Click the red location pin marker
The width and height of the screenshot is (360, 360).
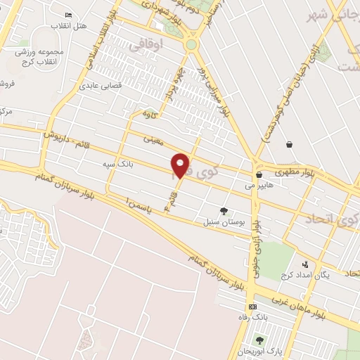(181, 165)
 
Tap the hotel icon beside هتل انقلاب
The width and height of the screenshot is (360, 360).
(68, 15)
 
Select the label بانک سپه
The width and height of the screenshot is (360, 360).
(117, 165)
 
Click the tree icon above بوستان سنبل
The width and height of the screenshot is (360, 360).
(224, 210)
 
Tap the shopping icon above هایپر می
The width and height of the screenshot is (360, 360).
(259, 174)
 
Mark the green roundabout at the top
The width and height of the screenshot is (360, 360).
(191, 44)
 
